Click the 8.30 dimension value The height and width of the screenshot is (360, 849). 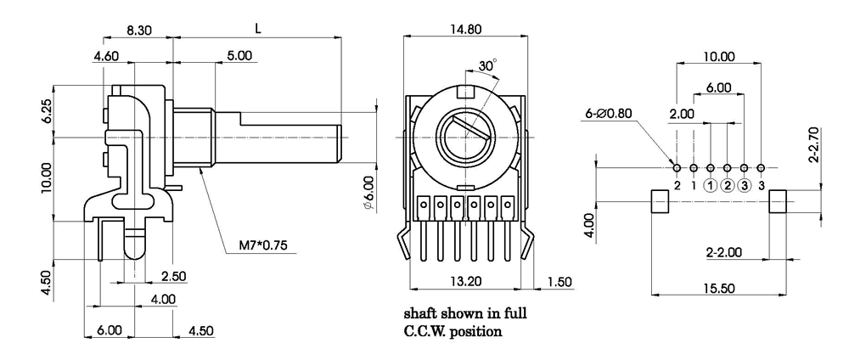140,29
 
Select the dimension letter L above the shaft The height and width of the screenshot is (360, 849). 258,29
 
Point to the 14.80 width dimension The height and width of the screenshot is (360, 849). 463,29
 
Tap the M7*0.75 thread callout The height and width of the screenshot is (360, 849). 265,246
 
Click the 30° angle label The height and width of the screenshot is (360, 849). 486,65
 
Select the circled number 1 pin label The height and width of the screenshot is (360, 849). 711,186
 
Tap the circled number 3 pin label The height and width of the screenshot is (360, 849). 745,186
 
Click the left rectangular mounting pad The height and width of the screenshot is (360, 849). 661,201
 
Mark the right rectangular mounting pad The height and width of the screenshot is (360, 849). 779,201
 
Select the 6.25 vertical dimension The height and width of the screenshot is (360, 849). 46,110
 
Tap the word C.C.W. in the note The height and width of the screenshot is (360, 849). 429,330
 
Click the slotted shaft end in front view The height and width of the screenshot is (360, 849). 462,136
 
